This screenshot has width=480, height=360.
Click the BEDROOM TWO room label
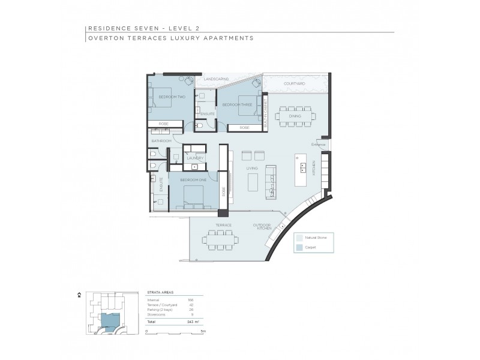pos(171,96)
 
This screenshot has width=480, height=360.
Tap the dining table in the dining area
pos(294,116)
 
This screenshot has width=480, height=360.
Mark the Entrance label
pos(318,144)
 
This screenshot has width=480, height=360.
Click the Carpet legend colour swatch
pos(298,247)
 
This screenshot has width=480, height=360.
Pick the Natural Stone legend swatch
pos(298,238)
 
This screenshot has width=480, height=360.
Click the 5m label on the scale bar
pos(203,331)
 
